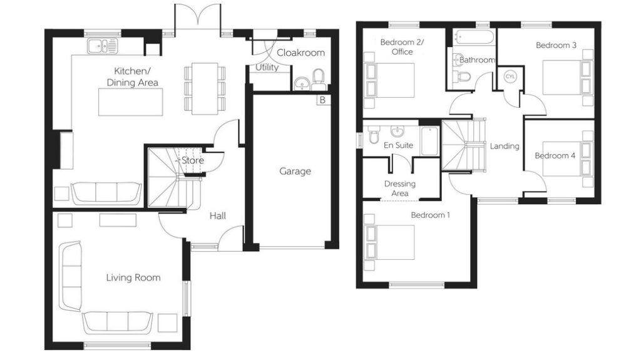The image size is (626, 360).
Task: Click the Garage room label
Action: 295,171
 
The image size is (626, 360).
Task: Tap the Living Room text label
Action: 133,277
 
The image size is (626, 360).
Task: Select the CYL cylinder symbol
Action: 510,76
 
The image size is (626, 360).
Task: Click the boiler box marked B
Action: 322,100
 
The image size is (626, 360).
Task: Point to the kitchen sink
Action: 103,45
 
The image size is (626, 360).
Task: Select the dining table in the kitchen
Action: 205,88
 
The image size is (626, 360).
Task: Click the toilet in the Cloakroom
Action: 319,78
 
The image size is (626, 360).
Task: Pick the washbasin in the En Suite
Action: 396,131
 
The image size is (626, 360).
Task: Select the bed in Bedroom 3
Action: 563,77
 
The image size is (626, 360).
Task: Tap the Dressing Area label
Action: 399,188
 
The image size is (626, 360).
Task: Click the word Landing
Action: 505,146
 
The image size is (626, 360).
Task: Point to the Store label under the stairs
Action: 192,161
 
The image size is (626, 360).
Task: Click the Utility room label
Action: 267,68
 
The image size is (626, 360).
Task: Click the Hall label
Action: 218,216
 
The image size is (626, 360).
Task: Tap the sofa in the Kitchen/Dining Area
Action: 105,192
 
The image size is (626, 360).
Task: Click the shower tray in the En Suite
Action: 429,141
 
